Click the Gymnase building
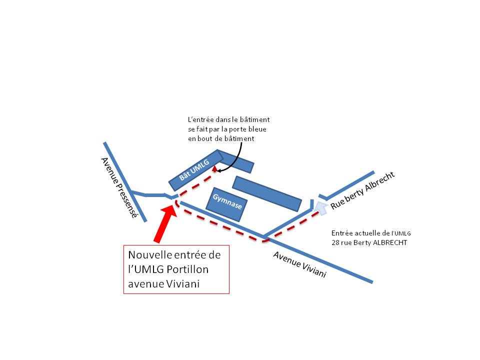click(226, 204)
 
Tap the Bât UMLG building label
click(194, 169)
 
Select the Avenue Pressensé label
click(119, 187)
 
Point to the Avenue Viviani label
click(299, 264)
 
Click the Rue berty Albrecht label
click(363, 190)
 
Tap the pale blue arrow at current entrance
click(321, 208)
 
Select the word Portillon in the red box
click(187, 269)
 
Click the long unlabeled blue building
click(267, 194)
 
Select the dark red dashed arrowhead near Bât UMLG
click(215, 168)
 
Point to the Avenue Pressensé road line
click(125, 182)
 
